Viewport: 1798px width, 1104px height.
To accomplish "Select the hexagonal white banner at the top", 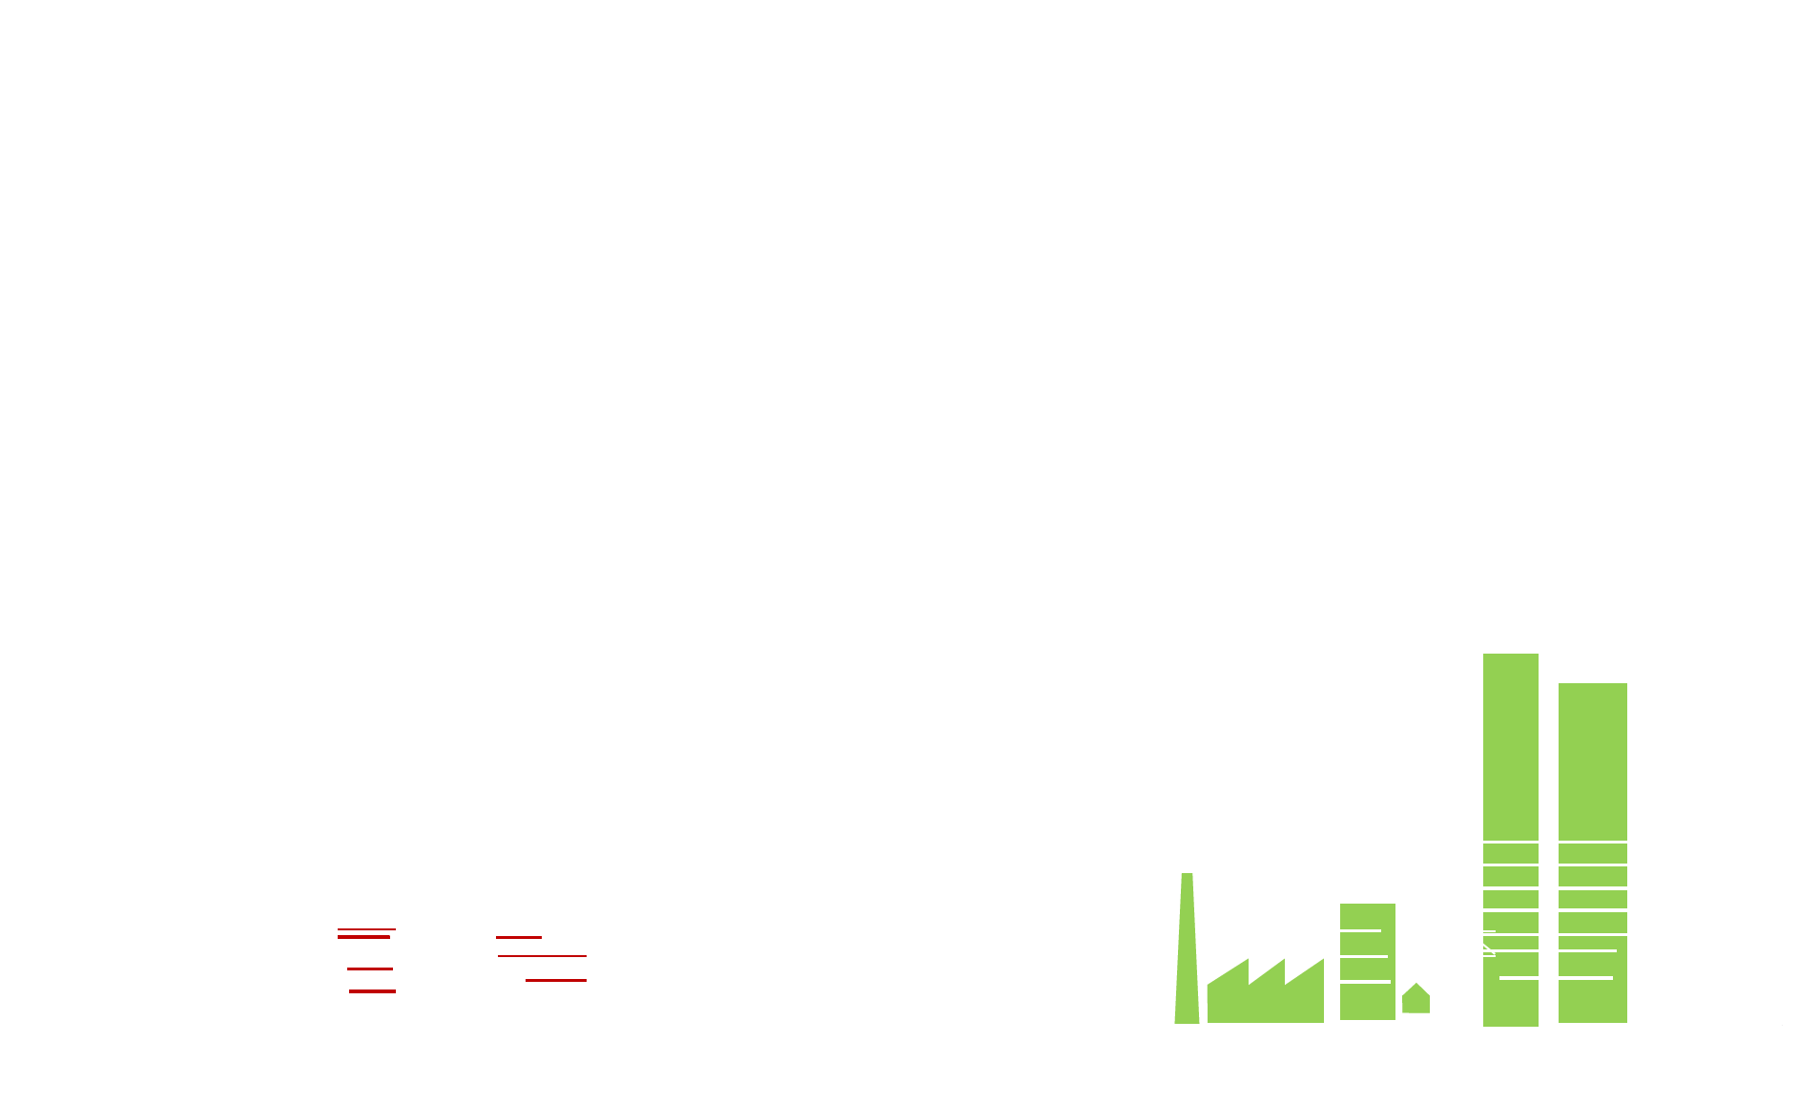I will [871, 84].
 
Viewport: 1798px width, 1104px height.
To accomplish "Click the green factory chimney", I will [1187, 949].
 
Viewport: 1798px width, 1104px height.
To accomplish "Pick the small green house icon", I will [1416, 999].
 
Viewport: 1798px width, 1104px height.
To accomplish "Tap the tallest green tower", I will [1510, 840].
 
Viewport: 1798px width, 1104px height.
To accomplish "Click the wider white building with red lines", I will [538, 972].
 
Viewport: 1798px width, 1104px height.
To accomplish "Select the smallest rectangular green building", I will [1367, 961].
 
